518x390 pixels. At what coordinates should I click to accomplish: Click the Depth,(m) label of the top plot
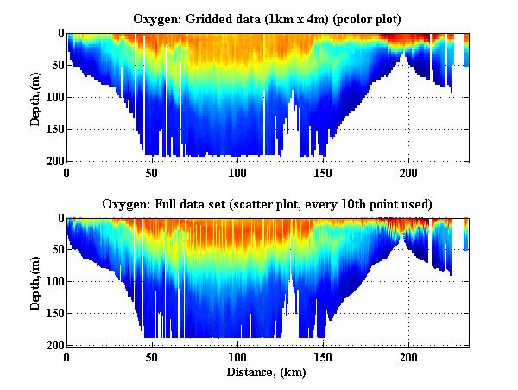tap(35, 97)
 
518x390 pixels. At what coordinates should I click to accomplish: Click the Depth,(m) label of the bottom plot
tap(35, 281)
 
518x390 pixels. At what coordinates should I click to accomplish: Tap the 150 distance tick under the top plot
tap(323, 172)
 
